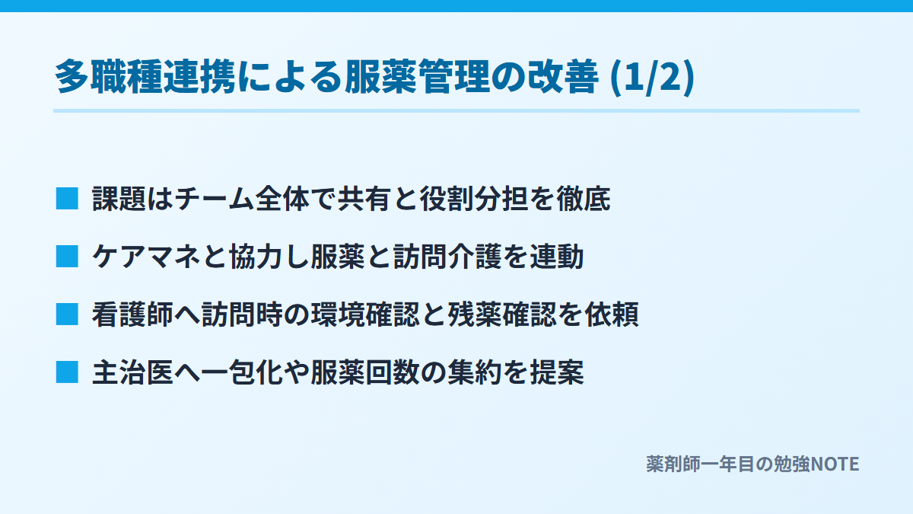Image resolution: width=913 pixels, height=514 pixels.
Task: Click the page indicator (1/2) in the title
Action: tap(652, 77)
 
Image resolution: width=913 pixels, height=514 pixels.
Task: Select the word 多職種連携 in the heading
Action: tap(145, 77)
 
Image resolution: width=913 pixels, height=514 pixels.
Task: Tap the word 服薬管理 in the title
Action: tap(418, 77)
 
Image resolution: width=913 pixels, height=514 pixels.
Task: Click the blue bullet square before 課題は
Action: tap(67, 199)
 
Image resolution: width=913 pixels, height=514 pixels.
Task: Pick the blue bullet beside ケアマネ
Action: tap(67, 257)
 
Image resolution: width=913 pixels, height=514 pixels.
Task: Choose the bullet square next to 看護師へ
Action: tap(67, 314)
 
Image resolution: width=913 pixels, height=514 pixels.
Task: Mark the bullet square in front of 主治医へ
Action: tap(67, 372)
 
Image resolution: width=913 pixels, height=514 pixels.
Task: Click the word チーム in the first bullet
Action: tap(215, 199)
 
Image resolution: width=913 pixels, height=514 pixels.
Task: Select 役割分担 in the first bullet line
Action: tap(474, 199)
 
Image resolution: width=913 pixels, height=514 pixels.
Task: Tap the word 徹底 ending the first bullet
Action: tap(584, 199)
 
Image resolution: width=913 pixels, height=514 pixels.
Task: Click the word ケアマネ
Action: tap(146, 257)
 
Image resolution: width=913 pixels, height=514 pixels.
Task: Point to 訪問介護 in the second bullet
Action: tap(447, 257)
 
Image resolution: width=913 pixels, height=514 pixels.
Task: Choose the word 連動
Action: tap(557, 257)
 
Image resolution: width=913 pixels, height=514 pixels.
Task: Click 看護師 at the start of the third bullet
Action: tap(132, 315)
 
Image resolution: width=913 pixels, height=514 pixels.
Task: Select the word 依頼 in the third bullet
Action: tap(612, 315)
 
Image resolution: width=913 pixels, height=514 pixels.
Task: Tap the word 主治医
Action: tap(132, 373)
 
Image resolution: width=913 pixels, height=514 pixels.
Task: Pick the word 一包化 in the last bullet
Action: tap(242, 373)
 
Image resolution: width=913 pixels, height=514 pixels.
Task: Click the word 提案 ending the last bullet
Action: tap(557, 373)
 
